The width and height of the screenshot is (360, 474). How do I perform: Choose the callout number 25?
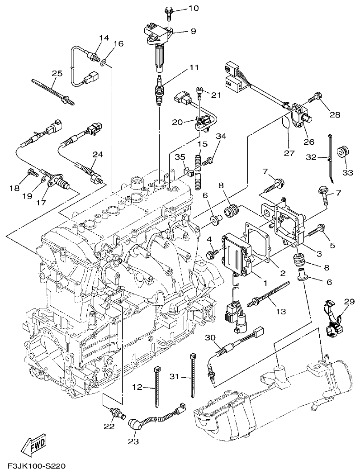point(57,73)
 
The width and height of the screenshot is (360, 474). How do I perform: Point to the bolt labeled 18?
point(31,172)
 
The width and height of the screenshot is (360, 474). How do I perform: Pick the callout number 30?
point(210,338)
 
